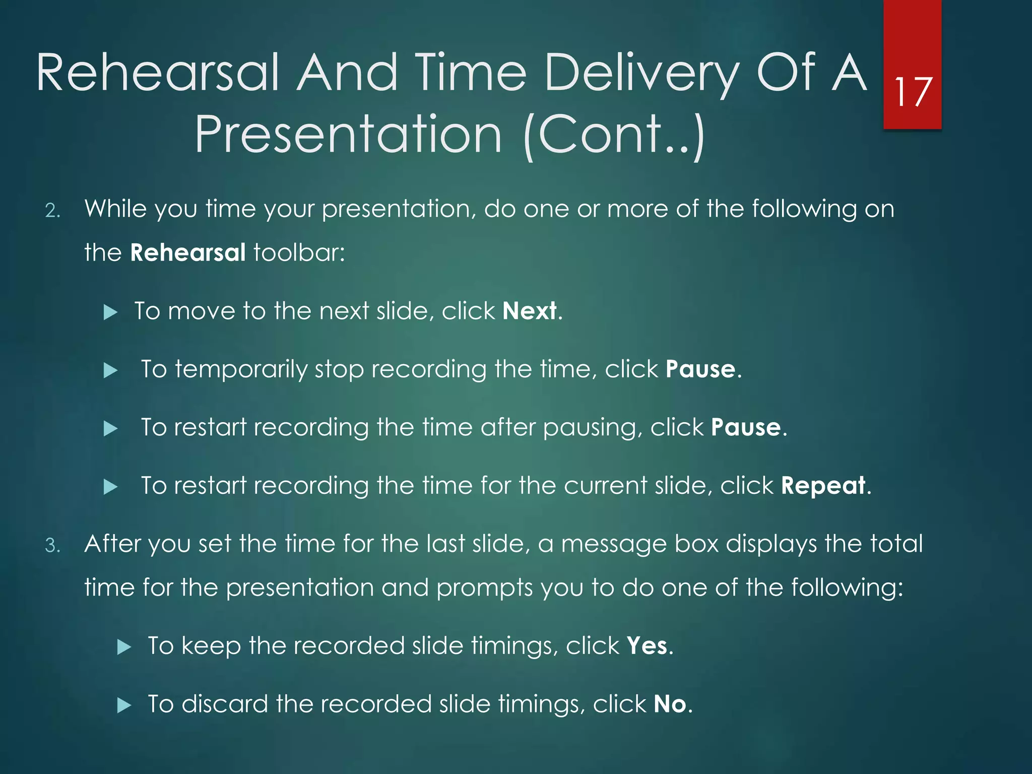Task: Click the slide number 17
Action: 913,92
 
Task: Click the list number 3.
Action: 52,546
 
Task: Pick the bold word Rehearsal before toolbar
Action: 187,252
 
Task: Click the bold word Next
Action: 530,311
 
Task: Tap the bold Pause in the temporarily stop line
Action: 700,369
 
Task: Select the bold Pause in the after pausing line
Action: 746,428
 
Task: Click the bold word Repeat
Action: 823,486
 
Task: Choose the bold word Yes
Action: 647,646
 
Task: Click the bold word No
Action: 670,704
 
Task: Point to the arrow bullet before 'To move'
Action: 110,312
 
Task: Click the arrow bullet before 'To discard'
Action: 124,705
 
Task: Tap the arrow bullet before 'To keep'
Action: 124,647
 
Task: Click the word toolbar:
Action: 299,252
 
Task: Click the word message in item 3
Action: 613,545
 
